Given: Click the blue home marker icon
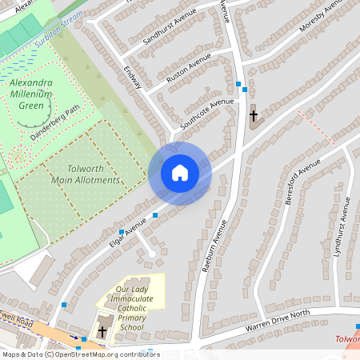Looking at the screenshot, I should tap(180, 173).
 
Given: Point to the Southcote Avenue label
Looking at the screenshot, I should tap(207, 114).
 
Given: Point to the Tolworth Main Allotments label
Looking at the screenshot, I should tap(85, 174).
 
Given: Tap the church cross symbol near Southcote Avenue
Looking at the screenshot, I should tap(254, 116).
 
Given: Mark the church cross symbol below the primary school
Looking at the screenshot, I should tap(102, 330).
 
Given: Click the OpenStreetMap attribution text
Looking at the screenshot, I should tap(80, 354).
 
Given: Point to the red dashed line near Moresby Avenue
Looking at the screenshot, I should tap(316, 128).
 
